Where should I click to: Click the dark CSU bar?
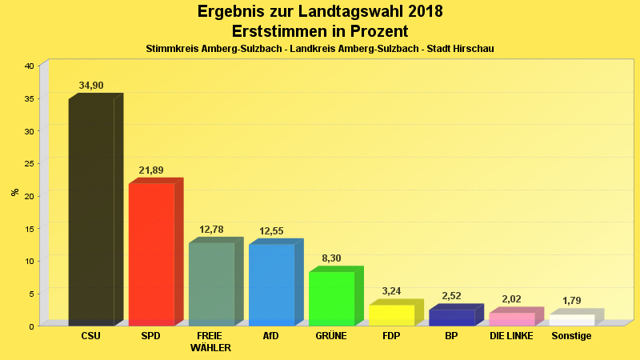(91, 212)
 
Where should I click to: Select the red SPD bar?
(151, 254)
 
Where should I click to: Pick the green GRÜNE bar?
(331, 298)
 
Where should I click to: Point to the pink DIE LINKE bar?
(511, 318)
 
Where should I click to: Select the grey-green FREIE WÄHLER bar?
(211, 283)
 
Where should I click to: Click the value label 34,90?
(91, 86)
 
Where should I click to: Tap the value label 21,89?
(151, 170)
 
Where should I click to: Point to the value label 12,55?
(271, 231)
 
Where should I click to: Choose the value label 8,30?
(331, 258)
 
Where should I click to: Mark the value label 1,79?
(571, 301)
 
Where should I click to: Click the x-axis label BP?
(451, 336)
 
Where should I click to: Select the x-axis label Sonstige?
(571, 336)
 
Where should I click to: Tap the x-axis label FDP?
(391, 336)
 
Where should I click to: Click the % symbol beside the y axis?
(14, 192)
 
